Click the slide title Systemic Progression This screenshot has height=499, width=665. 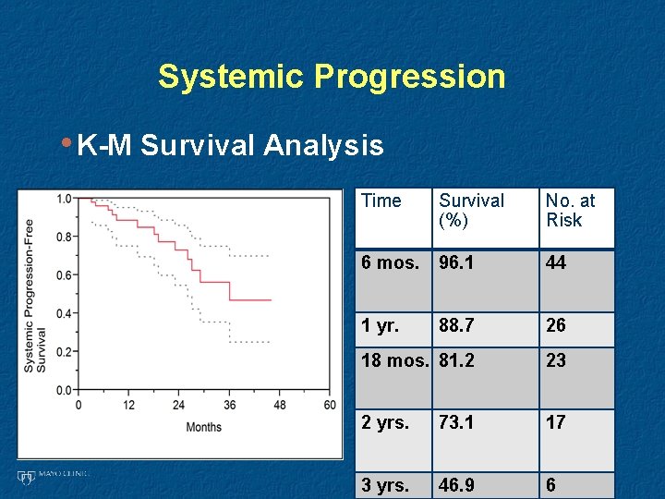[x=332, y=76]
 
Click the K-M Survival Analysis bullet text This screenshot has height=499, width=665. [x=230, y=145]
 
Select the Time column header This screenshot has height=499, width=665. [x=381, y=201]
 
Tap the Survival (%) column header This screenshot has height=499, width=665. [x=471, y=210]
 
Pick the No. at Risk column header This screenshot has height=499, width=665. [x=570, y=210]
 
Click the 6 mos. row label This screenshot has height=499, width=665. [x=391, y=263]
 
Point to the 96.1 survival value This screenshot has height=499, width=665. [x=457, y=263]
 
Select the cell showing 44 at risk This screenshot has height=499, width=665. [x=556, y=263]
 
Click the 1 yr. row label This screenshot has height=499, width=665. [x=381, y=326]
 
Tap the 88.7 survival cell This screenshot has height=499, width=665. [x=457, y=326]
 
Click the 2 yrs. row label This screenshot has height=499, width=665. [x=385, y=422]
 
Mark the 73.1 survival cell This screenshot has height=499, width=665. [x=457, y=422]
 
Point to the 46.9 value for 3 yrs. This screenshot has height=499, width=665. [x=457, y=485]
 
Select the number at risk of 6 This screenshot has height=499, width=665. [x=550, y=485]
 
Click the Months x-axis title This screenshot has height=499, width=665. [x=203, y=427]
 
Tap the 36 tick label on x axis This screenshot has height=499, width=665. [x=229, y=406]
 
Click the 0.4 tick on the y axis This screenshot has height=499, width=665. [x=64, y=313]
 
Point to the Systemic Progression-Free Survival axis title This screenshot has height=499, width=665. [x=34, y=294]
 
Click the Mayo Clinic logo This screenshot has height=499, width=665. [x=53, y=476]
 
